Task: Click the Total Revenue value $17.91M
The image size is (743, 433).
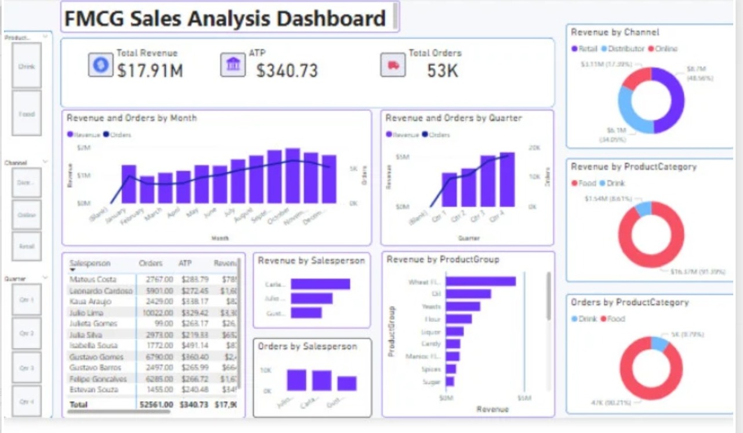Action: click(x=150, y=71)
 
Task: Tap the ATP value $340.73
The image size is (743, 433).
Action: click(x=287, y=71)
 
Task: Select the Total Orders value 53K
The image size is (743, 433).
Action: click(x=442, y=71)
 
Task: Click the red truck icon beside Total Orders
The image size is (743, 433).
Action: click(x=392, y=65)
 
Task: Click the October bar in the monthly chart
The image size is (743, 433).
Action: click(x=293, y=176)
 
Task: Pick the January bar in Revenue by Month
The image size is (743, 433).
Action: click(x=129, y=184)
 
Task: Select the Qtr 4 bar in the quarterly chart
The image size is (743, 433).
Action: click(x=507, y=179)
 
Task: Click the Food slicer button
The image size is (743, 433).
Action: click(x=27, y=114)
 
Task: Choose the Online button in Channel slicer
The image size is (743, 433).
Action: click(x=27, y=215)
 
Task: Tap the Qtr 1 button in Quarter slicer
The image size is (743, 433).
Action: click(x=27, y=300)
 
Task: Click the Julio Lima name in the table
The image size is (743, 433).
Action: click(x=86, y=313)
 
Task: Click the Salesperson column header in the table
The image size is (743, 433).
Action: click(x=90, y=263)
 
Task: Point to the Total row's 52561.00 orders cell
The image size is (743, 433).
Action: click(x=155, y=404)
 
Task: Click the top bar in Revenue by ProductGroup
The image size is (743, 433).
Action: click(x=480, y=281)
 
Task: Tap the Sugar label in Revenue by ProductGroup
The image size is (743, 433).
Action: click(x=432, y=381)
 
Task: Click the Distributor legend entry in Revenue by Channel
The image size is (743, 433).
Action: click(x=625, y=49)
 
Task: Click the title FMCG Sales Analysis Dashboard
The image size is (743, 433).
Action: click(x=225, y=19)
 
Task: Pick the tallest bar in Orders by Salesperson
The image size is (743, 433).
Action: click(x=297, y=380)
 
